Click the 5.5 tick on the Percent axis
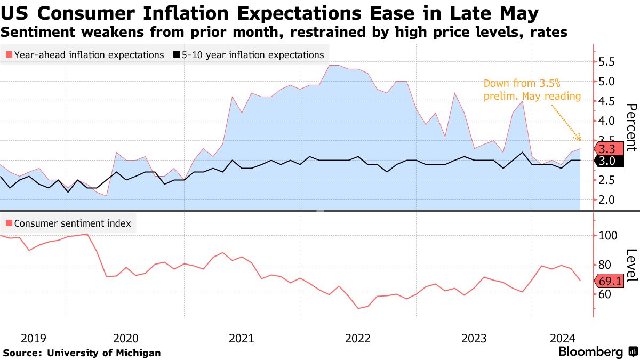tap(606, 62)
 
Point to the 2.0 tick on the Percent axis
tap(606, 200)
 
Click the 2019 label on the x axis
tap(33, 338)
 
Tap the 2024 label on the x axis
tap(562, 338)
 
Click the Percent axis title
tap(631, 128)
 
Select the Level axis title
tap(631, 266)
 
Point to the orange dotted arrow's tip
tap(581, 141)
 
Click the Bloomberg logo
tap(591, 352)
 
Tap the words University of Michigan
tap(104, 353)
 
